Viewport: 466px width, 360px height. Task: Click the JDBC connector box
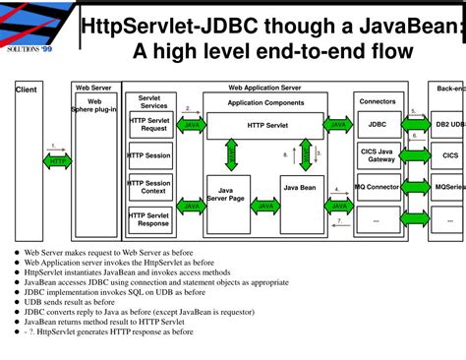[378, 125]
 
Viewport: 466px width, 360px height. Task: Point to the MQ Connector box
[378, 187]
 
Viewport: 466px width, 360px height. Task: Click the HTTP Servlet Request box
[149, 124]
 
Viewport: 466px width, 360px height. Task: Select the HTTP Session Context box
[149, 187]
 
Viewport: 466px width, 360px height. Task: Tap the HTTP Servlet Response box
[149, 218]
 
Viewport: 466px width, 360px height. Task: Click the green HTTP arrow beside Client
[57, 161]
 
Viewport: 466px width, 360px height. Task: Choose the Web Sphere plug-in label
[95, 104]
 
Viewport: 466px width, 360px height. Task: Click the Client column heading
[25, 90]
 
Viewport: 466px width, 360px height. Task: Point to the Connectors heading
[378, 101]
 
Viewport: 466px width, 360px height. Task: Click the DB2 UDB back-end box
[448, 125]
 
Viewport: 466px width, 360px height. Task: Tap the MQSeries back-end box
[448, 187]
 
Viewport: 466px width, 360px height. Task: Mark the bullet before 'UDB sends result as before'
[17, 299]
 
